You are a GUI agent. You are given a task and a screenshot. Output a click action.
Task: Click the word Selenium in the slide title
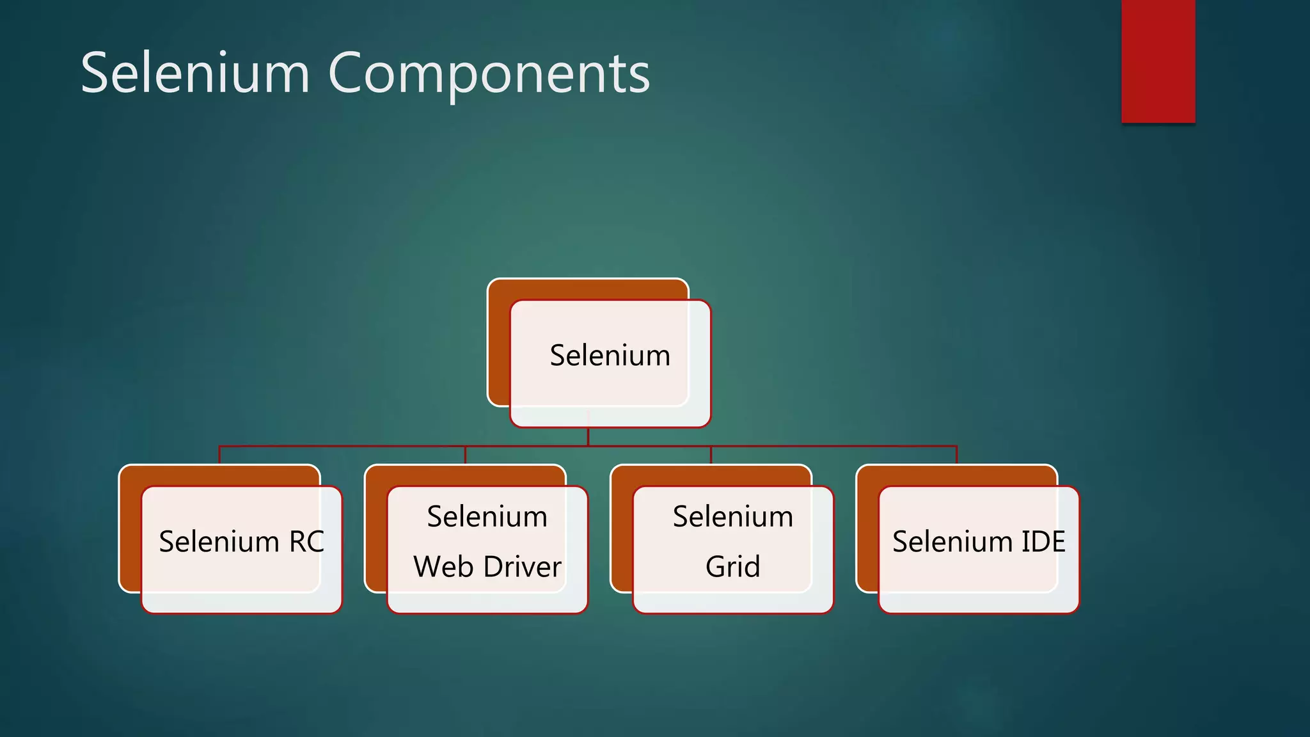pos(195,73)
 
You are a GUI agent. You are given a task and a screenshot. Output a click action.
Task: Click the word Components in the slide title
pos(489,74)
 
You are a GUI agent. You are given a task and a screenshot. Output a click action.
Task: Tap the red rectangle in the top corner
pos(1158,61)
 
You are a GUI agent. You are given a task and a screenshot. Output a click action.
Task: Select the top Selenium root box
pos(610,362)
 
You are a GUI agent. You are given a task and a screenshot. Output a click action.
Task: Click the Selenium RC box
pos(241,549)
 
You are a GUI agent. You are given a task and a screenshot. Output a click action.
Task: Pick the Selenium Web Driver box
pos(487,549)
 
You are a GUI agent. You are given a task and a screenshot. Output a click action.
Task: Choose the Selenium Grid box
pos(732,549)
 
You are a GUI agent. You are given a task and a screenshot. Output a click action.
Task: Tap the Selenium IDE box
pos(979,549)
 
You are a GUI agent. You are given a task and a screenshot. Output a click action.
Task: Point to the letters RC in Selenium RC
pos(306,542)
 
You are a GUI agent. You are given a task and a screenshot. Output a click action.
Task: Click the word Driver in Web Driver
pos(523,567)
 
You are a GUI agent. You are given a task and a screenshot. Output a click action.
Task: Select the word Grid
pos(732,567)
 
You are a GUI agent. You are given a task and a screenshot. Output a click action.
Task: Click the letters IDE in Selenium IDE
pos(1043,542)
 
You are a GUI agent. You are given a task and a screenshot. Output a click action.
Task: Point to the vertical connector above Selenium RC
pos(219,455)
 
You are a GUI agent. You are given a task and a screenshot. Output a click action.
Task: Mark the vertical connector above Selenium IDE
pos(956,455)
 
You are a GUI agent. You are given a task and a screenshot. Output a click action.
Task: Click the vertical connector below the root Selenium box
pos(588,437)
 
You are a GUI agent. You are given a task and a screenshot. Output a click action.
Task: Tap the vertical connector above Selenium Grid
pos(711,455)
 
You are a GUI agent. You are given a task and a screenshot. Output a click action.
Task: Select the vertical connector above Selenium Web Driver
pos(465,455)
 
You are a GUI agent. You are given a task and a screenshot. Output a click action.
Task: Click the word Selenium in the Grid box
pos(732,517)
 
